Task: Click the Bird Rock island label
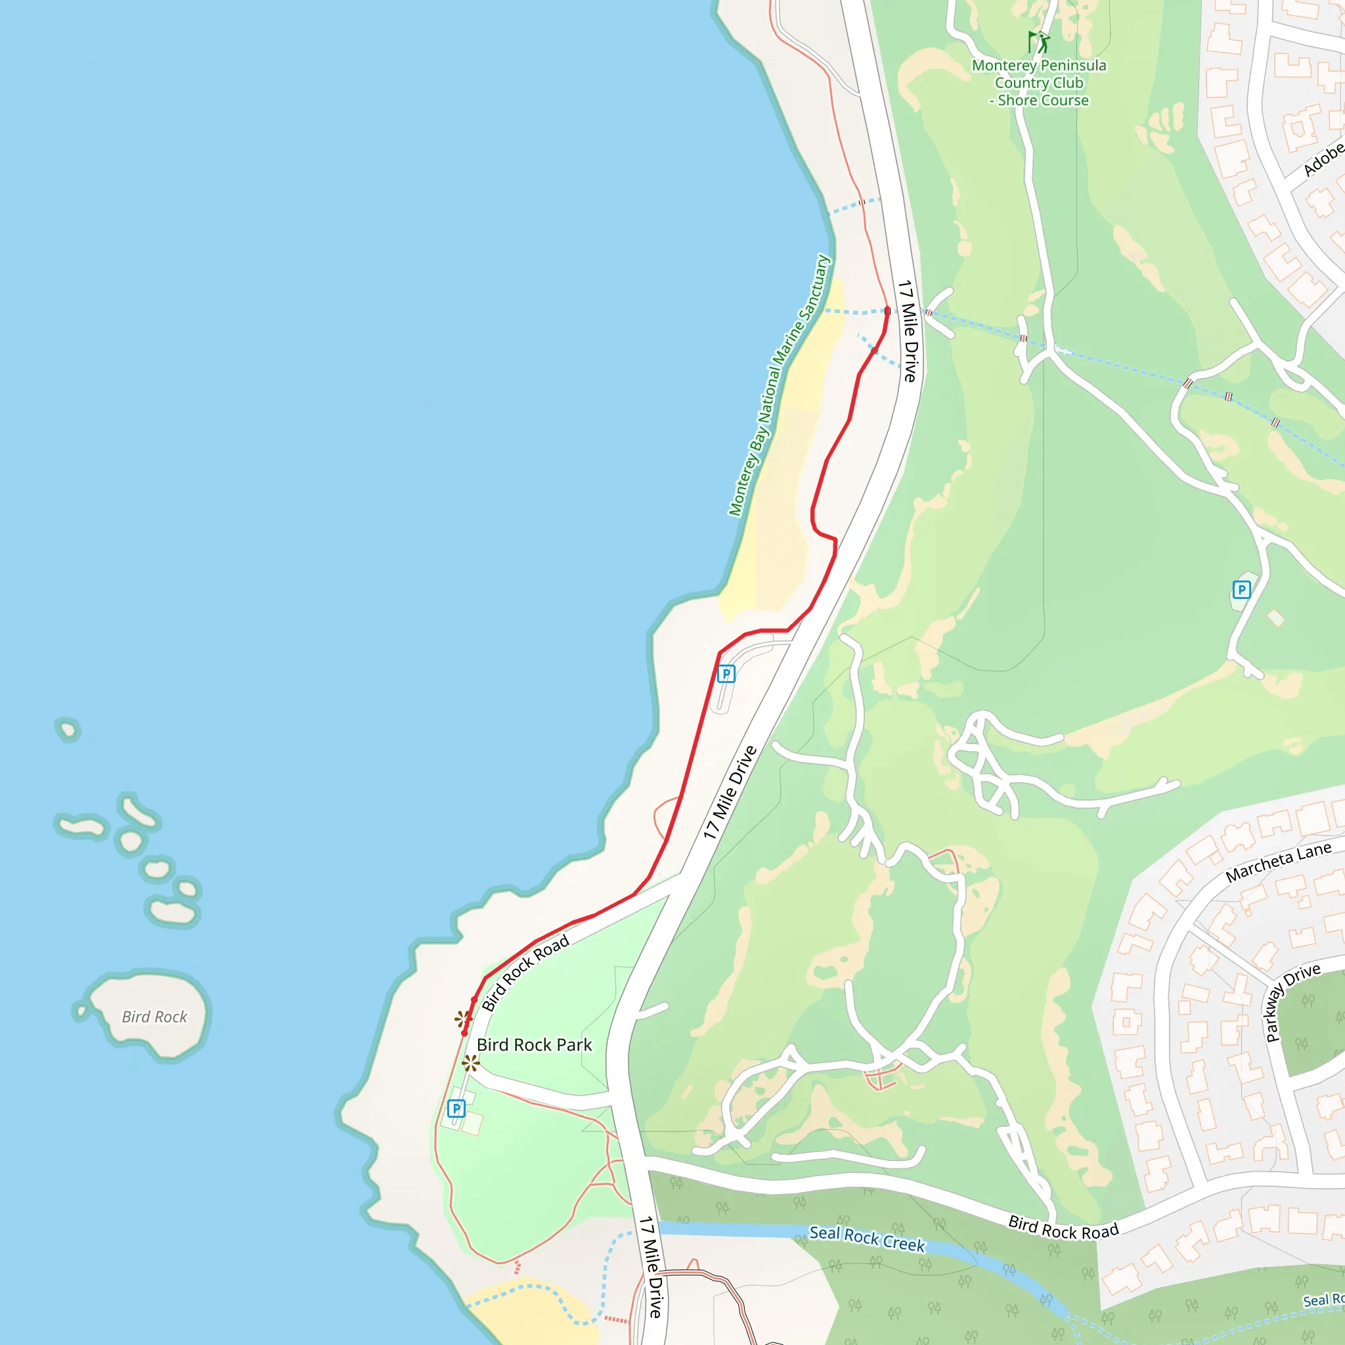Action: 154,1017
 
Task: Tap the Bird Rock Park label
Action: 534,1045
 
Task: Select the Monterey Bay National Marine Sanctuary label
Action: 779,386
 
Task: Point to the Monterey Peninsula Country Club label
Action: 1039,83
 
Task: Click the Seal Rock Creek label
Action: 867,1239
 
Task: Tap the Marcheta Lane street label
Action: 1278,862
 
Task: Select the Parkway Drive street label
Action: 1291,1002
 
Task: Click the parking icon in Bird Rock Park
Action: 456,1109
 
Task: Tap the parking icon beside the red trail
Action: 726,674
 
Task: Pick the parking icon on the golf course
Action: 1241,590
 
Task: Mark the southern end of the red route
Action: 464,1033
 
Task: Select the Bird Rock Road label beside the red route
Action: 525,973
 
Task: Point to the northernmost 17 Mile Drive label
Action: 908,331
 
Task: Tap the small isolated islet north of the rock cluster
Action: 68,730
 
